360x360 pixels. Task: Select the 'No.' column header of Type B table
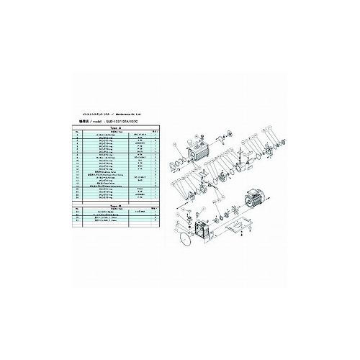[x=76, y=209]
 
